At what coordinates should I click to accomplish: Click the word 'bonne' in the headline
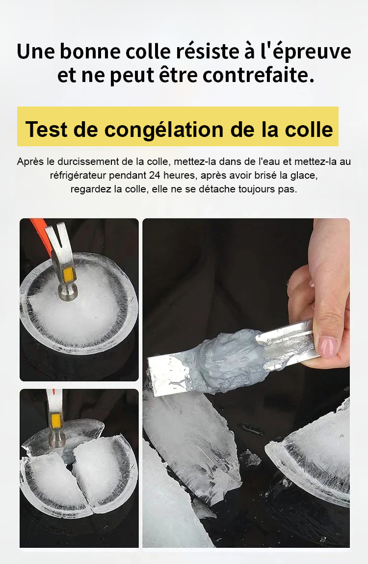[90, 52]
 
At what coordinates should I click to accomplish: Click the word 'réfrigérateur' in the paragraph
[78, 176]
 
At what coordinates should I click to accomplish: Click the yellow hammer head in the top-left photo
[68, 275]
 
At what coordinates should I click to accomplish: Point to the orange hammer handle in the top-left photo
[39, 229]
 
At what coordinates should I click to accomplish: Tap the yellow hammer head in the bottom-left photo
[56, 420]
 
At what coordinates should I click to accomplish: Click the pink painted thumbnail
[327, 347]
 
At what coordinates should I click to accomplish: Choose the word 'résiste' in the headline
[208, 52]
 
